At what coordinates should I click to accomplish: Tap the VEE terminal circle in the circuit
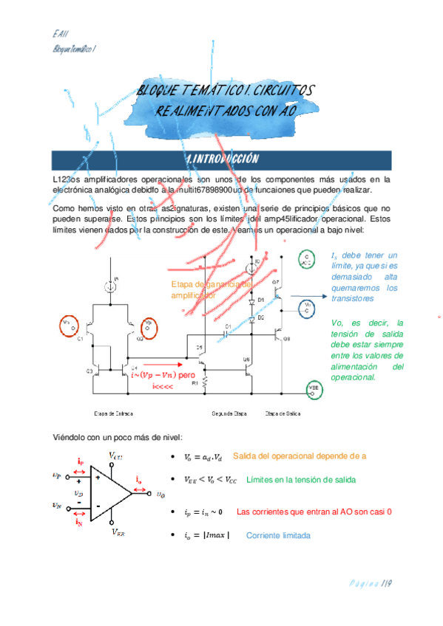(x=312, y=388)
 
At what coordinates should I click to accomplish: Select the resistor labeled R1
(x=203, y=383)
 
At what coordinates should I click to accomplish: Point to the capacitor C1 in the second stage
(x=229, y=331)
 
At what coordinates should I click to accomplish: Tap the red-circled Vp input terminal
(x=149, y=324)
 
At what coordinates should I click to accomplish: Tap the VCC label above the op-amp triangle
(x=116, y=455)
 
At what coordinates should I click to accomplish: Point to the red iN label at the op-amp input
(x=78, y=522)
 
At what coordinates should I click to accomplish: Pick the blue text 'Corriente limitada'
(x=277, y=535)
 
